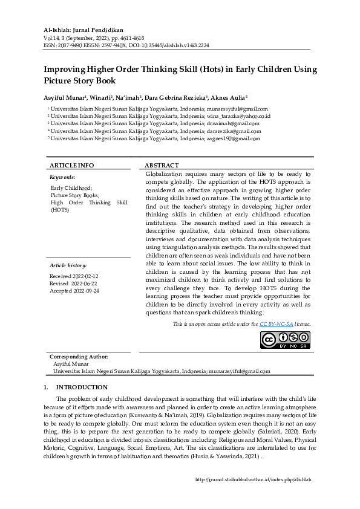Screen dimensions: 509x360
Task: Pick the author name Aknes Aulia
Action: (x=228, y=97)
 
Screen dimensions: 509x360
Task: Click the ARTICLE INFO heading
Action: (x=71, y=165)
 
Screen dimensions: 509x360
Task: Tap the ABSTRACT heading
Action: (x=162, y=165)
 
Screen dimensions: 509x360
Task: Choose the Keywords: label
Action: (x=62, y=178)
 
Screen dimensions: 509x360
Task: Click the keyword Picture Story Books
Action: (x=75, y=195)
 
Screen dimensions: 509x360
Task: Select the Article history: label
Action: (x=68, y=265)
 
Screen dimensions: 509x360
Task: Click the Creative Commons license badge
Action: (x=285, y=340)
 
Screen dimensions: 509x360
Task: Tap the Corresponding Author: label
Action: (x=79, y=357)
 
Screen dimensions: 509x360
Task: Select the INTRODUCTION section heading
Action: (x=82, y=387)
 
